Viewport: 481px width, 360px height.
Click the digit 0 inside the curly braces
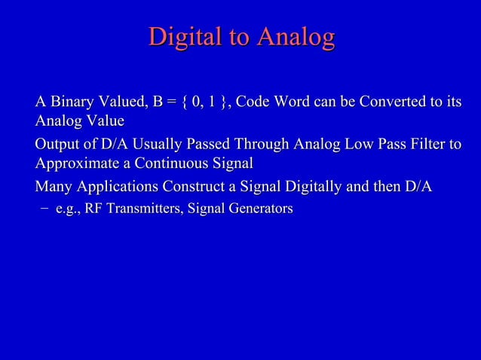click(196, 102)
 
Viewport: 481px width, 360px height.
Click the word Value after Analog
click(104, 121)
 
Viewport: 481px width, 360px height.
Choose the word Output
click(58, 145)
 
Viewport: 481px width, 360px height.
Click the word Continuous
click(171, 163)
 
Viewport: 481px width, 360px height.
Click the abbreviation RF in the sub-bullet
click(93, 209)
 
